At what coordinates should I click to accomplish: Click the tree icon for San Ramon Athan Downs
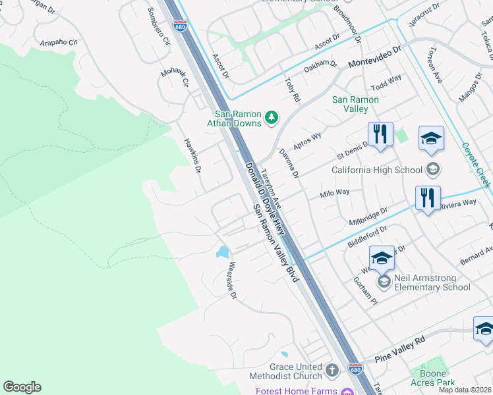(x=271, y=118)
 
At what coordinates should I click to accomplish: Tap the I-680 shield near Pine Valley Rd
(x=355, y=369)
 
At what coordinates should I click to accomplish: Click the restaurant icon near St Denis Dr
(x=380, y=134)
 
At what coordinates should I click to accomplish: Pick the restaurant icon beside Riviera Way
(x=428, y=198)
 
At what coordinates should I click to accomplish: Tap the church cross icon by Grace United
(x=332, y=371)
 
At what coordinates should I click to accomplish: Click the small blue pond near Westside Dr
(x=223, y=251)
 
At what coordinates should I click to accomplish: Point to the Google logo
(x=22, y=387)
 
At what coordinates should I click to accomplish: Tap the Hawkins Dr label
(x=192, y=155)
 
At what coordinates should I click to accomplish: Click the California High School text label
(x=377, y=170)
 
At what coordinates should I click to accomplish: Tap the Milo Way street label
(x=334, y=194)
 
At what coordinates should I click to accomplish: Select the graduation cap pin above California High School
(x=431, y=138)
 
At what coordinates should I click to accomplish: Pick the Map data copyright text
(x=465, y=390)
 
